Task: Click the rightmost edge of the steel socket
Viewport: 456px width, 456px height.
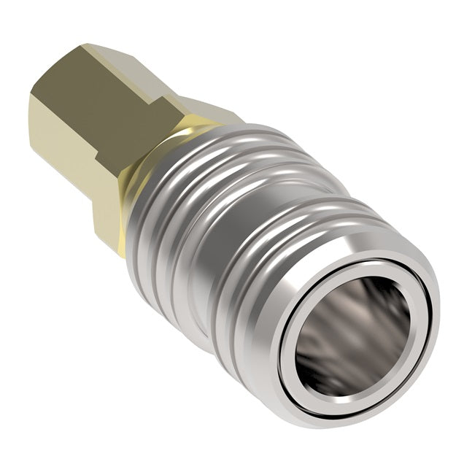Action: tap(438, 306)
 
